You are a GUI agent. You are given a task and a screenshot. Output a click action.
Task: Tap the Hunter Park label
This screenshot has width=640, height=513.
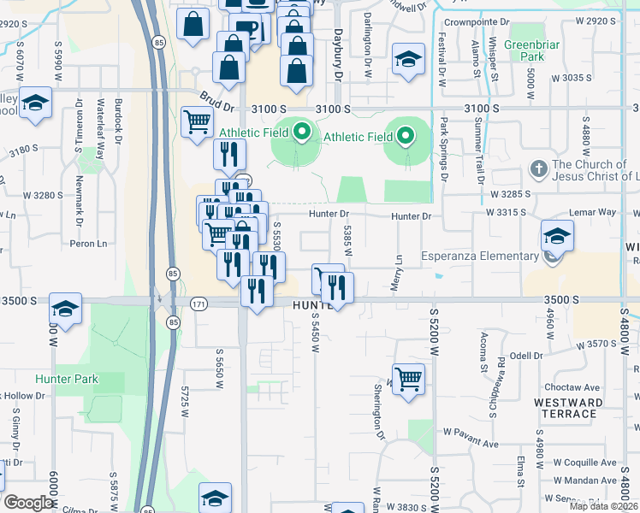[67, 379]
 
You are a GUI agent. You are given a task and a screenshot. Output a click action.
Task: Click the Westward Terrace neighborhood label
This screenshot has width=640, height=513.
[565, 408]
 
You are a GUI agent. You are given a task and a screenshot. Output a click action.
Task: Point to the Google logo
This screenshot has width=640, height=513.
[28, 503]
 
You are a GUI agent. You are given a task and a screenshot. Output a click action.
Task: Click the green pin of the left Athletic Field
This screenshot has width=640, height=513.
[301, 133]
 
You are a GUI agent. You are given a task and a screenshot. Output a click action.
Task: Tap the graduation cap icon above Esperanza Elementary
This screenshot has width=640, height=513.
[557, 235]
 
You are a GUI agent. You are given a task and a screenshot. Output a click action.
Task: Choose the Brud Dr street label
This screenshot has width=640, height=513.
[217, 103]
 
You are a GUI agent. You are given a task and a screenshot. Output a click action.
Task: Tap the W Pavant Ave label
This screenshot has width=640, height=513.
[470, 444]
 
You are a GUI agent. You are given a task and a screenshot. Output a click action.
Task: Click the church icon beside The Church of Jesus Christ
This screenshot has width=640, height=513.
[539, 168]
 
